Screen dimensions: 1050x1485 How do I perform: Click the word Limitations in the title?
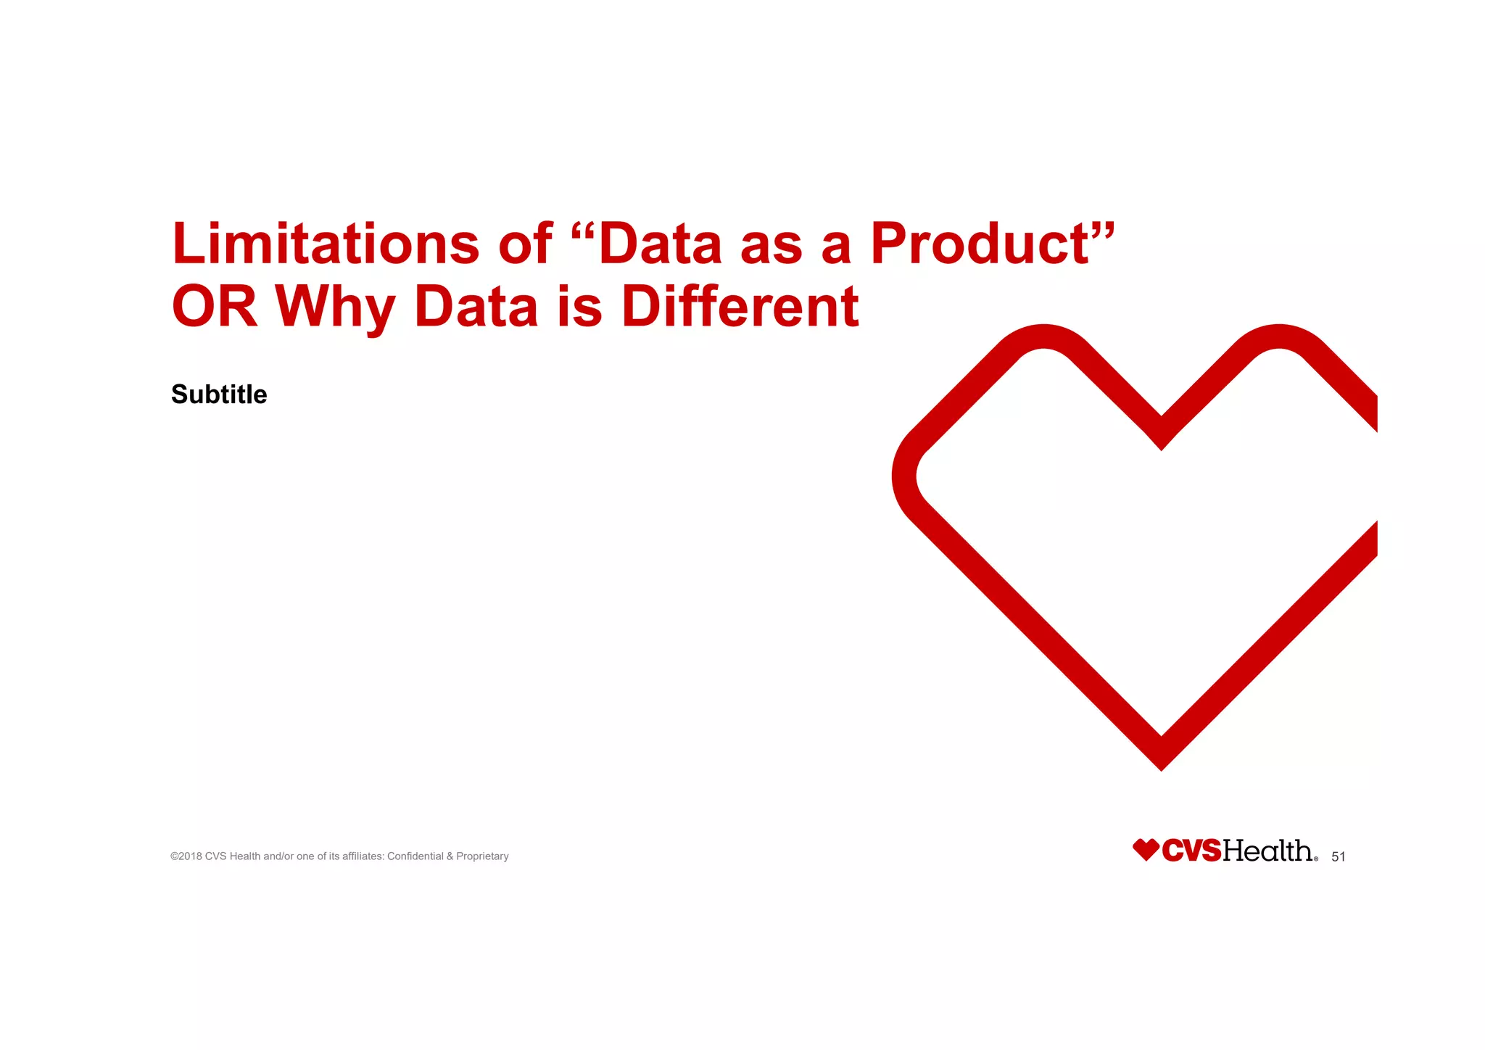(x=325, y=244)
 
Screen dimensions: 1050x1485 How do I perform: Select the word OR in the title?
(x=214, y=307)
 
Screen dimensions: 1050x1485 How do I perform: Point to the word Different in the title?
(x=740, y=307)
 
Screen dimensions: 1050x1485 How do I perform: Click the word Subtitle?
(x=219, y=394)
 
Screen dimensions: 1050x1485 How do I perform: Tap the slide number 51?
(x=1339, y=857)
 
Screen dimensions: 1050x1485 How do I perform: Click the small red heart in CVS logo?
(x=1146, y=850)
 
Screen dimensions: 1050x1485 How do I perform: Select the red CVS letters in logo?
(x=1191, y=851)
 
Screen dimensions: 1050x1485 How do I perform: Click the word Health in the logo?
(x=1267, y=851)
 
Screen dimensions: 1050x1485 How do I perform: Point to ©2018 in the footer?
(x=186, y=856)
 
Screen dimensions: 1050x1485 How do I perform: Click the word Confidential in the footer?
(x=415, y=856)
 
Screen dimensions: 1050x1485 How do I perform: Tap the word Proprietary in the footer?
(x=482, y=856)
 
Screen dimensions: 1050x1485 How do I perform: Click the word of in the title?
(x=525, y=244)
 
